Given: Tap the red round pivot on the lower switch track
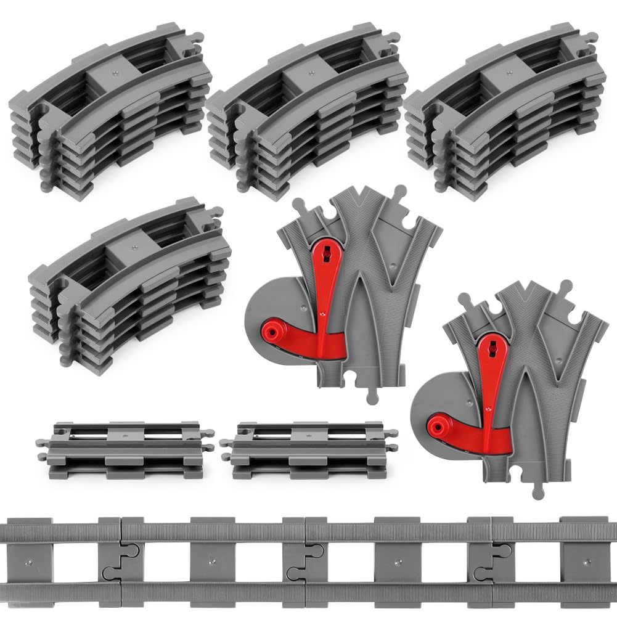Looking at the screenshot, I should pos(438,425).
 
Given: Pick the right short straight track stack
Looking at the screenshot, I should pos(309,450).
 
